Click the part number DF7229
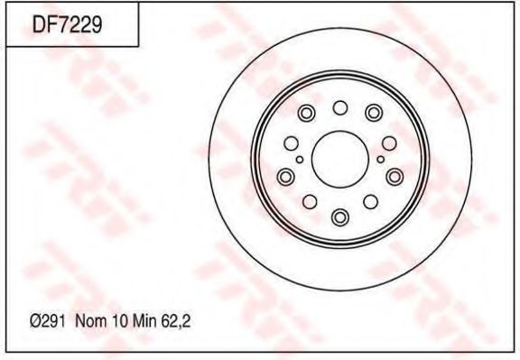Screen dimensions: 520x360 click(x=68, y=24)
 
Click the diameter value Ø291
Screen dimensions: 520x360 click(x=47, y=321)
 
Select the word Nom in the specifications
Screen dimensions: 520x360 click(x=91, y=321)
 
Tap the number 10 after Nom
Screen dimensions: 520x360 click(x=120, y=321)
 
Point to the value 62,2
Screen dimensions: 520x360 click(x=176, y=321)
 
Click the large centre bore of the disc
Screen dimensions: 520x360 click(x=340, y=159)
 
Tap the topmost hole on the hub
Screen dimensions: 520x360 click(x=340, y=107)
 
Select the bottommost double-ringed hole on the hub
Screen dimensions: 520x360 click(x=340, y=217)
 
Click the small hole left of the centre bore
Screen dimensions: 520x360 click(x=300, y=160)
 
